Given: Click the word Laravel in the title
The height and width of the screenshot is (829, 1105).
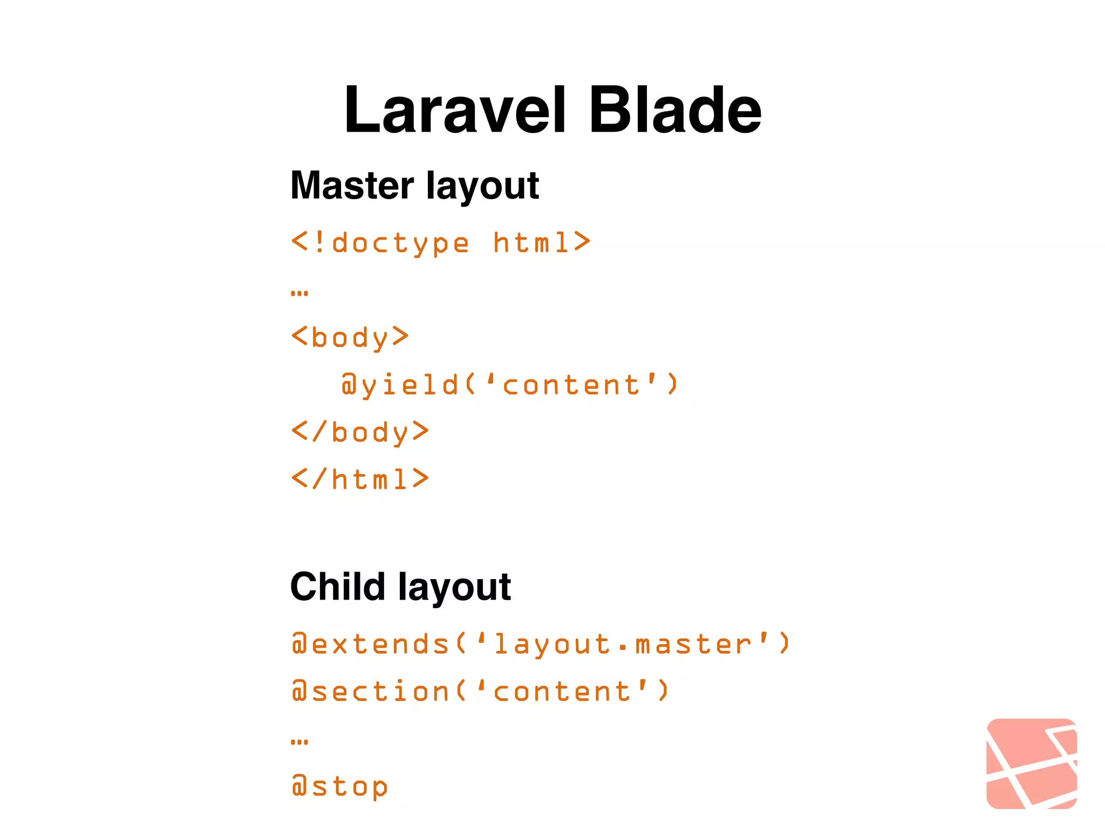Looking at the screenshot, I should [455, 111].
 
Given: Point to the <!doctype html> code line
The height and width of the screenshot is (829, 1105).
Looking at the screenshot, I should [441, 243].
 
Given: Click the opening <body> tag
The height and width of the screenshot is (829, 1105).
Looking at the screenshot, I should [350, 337].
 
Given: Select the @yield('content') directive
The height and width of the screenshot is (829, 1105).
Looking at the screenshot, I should [509, 385].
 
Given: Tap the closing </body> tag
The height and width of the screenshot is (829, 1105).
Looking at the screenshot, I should [360, 432].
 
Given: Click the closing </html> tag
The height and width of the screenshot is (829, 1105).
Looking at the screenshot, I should [360, 479].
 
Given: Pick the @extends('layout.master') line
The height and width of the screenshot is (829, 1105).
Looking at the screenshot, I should [541, 644].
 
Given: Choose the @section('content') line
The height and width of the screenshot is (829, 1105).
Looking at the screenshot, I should [480, 691].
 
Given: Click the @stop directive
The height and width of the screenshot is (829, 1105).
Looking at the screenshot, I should [339, 786].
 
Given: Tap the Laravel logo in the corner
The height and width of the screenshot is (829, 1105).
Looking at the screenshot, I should [1031, 763].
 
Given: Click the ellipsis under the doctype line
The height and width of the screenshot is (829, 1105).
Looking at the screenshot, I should [299, 294].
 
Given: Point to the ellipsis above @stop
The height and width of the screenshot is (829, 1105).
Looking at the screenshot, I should [299, 742].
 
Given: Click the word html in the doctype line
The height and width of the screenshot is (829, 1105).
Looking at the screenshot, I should [531, 243].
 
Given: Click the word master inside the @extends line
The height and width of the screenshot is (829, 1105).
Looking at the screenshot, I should [693, 644].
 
